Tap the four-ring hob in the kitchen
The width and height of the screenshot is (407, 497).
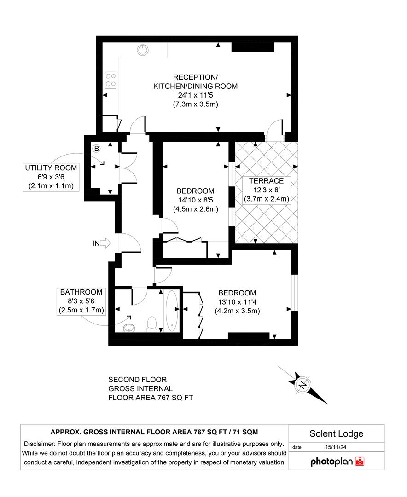click(111, 80)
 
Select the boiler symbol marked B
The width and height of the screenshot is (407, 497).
click(97, 149)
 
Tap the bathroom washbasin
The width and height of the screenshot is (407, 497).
click(130, 327)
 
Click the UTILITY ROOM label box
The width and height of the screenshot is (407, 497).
click(51, 177)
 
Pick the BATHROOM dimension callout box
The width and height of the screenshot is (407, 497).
click(81, 301)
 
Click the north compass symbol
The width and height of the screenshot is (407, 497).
click(302, 385)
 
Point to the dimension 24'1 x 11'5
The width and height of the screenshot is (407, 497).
click(196, 95)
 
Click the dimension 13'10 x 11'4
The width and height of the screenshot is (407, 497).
click(238, 302)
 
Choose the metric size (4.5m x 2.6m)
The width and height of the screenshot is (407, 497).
click(196, 209)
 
